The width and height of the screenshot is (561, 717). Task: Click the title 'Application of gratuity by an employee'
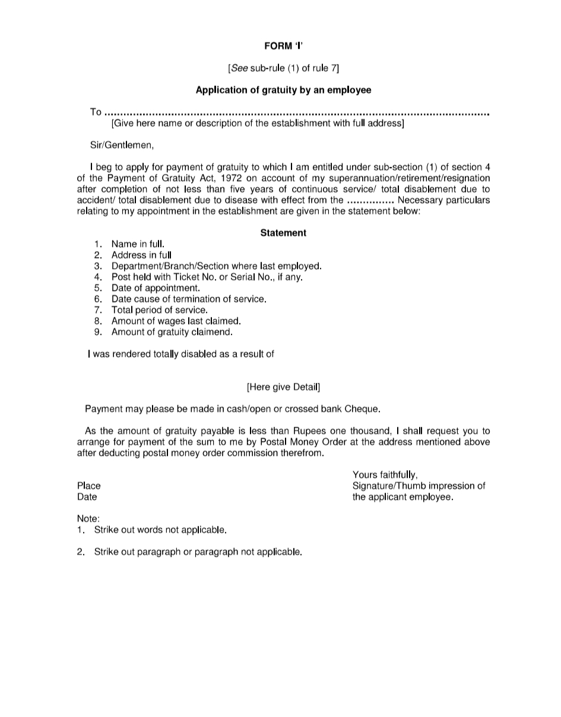[283, 90]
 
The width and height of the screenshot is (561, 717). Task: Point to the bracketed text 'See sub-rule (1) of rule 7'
[283, 68]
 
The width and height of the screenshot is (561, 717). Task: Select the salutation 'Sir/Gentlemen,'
[121, 145]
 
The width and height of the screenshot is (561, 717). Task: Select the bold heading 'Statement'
[283, 233]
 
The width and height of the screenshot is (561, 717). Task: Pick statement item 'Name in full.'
[138, 244]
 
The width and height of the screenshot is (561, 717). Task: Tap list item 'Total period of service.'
[160, 310]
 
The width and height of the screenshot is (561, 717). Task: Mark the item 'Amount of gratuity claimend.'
[172, 332]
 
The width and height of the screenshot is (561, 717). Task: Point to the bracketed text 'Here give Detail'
[283, 387]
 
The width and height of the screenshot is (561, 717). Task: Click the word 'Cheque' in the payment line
[362, 409]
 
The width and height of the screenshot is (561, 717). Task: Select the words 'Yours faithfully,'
[385, 475]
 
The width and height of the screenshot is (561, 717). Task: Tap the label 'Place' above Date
[89, 486]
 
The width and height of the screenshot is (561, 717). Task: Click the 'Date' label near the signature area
[87, 497]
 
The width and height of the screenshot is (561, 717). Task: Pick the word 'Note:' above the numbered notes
[88, 519]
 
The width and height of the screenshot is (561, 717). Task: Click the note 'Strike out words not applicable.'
[160, 529]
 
